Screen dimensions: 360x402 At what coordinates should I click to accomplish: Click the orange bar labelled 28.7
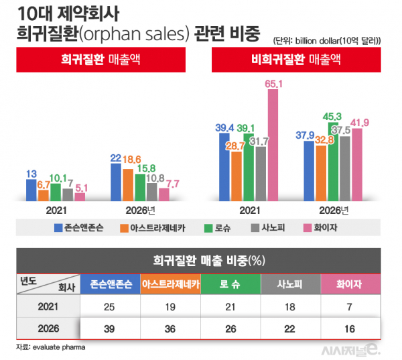(x=236, y=176)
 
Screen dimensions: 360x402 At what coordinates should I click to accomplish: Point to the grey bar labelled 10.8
(x=151, y=192)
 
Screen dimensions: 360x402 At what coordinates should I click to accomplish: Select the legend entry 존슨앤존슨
(x=76, y=228)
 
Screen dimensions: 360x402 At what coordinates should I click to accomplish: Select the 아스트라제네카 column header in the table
(x=170, y=284)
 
